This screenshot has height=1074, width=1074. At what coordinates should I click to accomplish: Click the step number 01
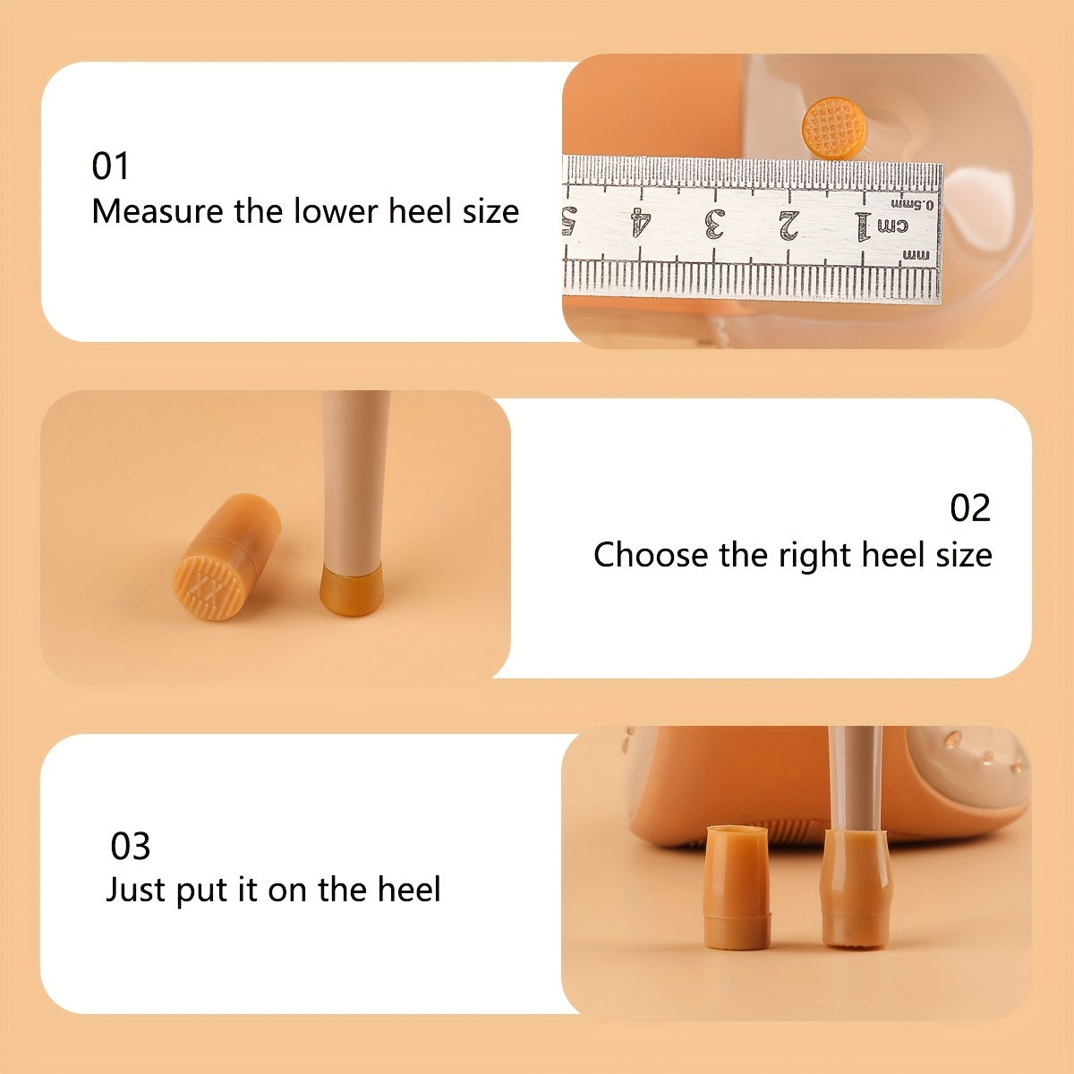(110, 166)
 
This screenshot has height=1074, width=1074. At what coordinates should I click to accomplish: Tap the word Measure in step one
(158, 212)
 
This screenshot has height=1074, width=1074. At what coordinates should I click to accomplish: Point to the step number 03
(131, 847)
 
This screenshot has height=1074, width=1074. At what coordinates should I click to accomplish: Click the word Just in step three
(137, 890)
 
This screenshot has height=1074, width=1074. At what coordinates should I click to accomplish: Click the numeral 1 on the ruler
(862, 226)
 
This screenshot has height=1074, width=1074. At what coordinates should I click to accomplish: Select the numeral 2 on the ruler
(788, 226)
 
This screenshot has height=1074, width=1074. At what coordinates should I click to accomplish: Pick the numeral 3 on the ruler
(715, 224)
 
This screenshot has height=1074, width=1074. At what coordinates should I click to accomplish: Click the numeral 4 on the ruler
(641, 222)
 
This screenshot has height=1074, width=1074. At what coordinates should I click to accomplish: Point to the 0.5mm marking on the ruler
(912, 205)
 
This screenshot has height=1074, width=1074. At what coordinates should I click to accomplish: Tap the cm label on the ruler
(893, 226)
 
